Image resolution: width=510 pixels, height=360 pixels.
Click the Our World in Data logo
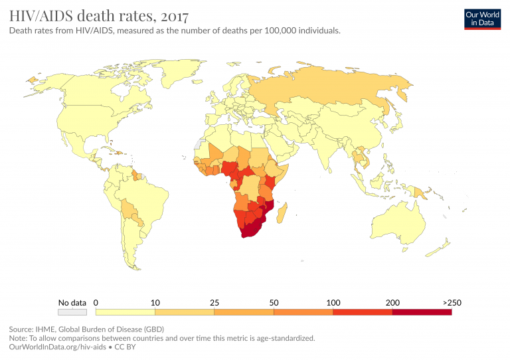point(481,19)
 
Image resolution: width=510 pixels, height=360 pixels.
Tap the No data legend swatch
point(72,312)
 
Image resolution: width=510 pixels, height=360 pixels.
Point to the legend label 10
point(155,303)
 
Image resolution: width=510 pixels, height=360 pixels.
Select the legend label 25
point(214,303)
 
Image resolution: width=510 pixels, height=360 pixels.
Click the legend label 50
point(274,303)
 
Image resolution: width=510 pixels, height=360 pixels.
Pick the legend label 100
point(333,303)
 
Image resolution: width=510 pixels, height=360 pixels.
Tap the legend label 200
point(392,303)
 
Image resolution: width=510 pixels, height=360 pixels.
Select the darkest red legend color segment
point(422,312)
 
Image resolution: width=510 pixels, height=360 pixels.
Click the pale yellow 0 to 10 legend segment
point(126,312)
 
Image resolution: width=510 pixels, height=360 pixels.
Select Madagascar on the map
point(281,214)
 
